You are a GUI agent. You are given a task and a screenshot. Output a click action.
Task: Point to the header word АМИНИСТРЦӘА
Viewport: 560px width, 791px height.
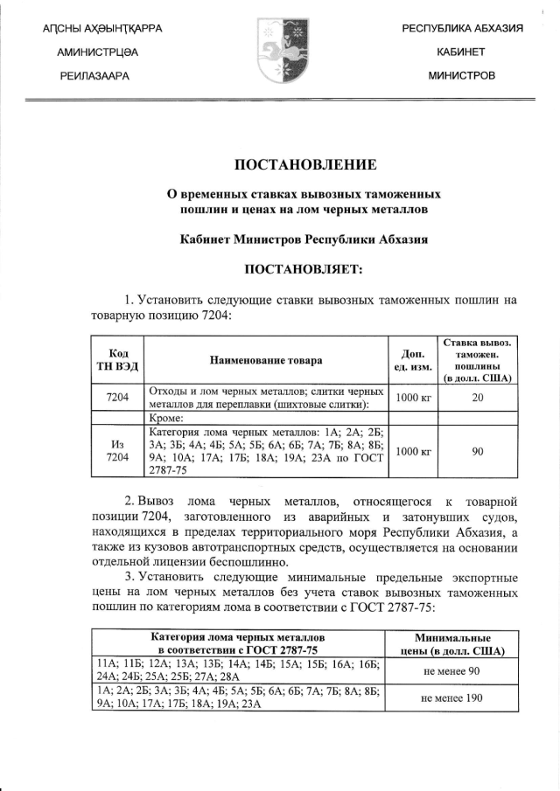[97, 52]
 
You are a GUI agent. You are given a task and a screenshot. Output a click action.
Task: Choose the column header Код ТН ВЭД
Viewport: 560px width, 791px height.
[118, 359]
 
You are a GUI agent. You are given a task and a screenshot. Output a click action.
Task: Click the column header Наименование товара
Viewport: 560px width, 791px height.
[266, 360]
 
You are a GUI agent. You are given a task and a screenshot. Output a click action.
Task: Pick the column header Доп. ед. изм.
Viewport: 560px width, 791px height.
[413, 359]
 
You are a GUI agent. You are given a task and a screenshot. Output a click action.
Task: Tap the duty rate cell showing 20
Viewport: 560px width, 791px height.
[477, 398]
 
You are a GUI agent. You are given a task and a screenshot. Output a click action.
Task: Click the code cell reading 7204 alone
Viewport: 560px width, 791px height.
[118, 398]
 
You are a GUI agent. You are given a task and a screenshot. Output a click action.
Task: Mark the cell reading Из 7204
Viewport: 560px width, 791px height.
[118, 451]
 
